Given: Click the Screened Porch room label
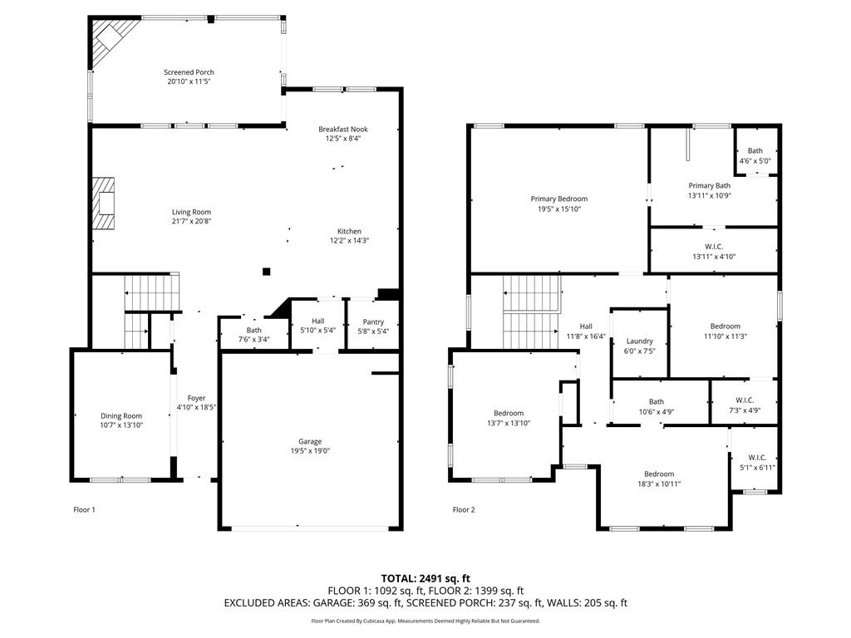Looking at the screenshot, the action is [189, 72].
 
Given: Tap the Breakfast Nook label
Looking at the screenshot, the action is [343, 129].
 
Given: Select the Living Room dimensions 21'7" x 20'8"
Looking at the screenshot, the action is [192, 221].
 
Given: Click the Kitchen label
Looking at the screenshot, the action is [349, 231].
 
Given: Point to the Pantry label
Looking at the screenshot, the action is [373, 321].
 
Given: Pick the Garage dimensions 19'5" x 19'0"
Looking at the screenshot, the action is [310, 451].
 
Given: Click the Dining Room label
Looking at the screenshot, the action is [121, 416].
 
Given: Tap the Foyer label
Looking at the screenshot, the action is [196, 398].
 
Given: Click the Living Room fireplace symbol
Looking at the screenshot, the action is [103, 204].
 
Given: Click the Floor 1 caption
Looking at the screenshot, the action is [84, 509].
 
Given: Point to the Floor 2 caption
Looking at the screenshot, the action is [464, 509].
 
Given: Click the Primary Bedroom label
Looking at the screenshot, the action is [559, 199].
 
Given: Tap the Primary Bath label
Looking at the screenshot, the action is [710, 185].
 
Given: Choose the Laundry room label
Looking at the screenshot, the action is [639, 341].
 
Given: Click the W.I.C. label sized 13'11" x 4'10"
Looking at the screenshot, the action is [714, 247].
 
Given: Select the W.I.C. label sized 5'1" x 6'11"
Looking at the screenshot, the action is [757, 458].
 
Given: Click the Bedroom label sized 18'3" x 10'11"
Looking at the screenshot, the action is [659, 474].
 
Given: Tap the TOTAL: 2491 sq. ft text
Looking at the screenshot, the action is [425, 578].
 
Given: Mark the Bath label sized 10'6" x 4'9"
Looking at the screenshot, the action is [657, 402].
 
